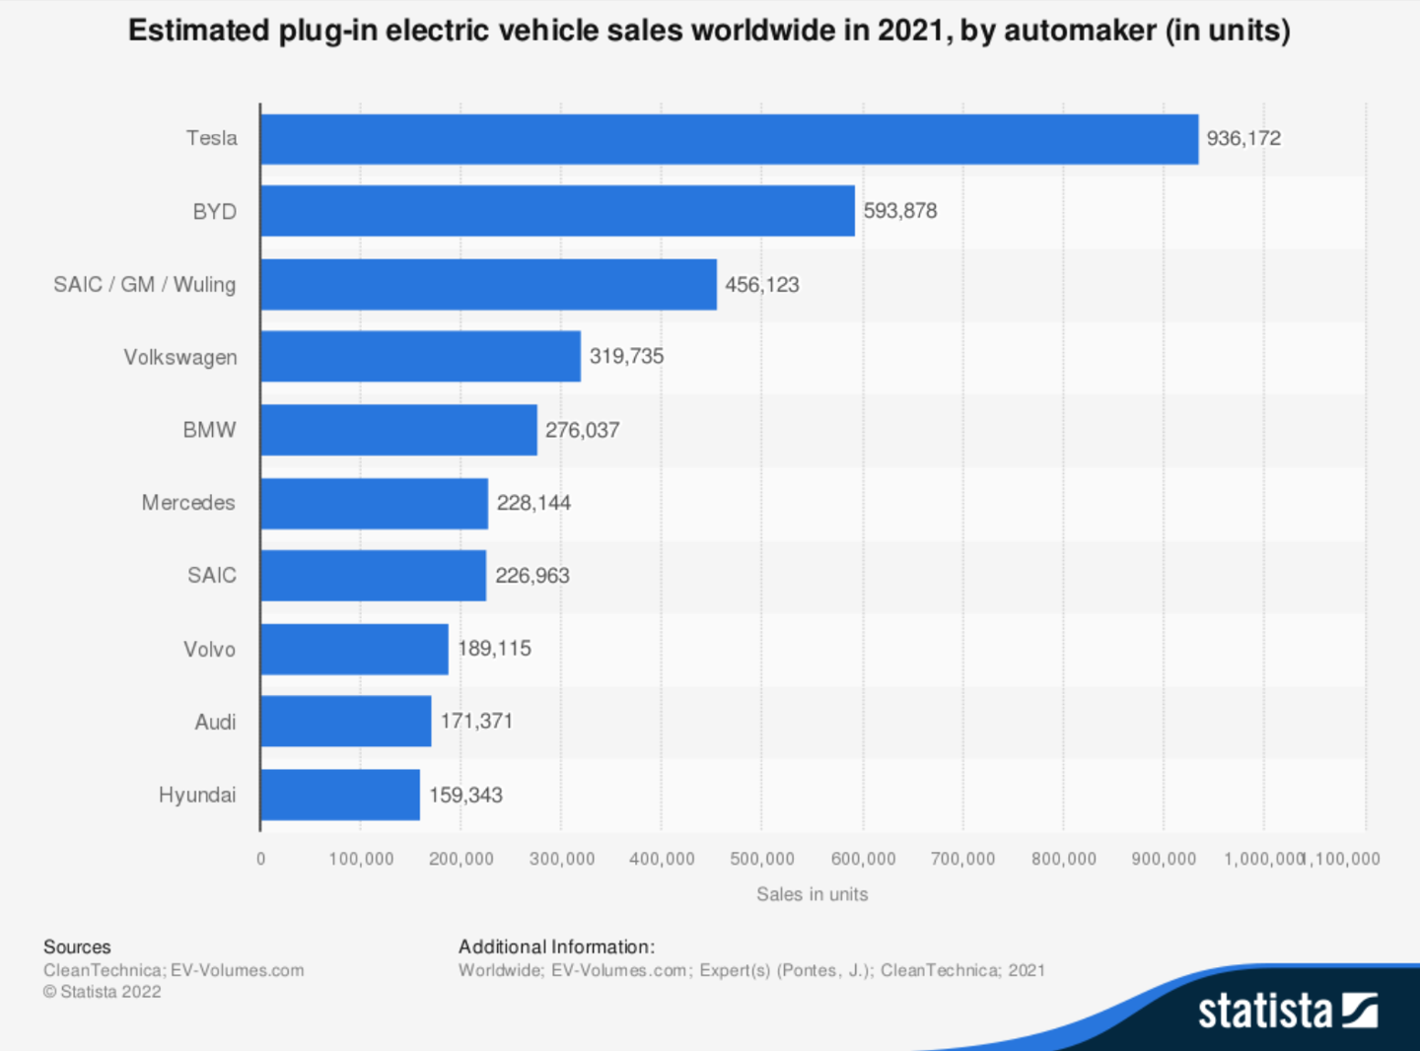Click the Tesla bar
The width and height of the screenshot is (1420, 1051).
729,139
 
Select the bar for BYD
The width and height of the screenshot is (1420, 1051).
557,211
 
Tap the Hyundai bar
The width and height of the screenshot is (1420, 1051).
340,795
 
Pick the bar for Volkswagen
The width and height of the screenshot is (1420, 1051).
420,356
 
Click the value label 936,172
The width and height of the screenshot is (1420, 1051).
1243,139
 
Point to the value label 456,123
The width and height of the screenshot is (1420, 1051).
761,285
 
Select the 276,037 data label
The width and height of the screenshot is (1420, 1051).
582,430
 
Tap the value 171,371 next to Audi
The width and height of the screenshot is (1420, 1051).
476,721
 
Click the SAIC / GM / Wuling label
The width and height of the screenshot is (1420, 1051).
145,285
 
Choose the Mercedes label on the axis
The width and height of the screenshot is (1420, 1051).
188,503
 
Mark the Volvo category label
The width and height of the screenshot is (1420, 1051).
209,649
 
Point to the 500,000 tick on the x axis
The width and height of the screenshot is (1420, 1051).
761,859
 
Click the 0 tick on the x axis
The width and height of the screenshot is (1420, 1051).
260,859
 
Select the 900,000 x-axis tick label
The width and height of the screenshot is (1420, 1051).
1164,859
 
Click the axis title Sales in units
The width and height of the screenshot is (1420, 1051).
812,894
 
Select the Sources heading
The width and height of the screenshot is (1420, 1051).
77,946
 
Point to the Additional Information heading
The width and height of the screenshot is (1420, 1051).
556,946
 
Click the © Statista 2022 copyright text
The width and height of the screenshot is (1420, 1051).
102,992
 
